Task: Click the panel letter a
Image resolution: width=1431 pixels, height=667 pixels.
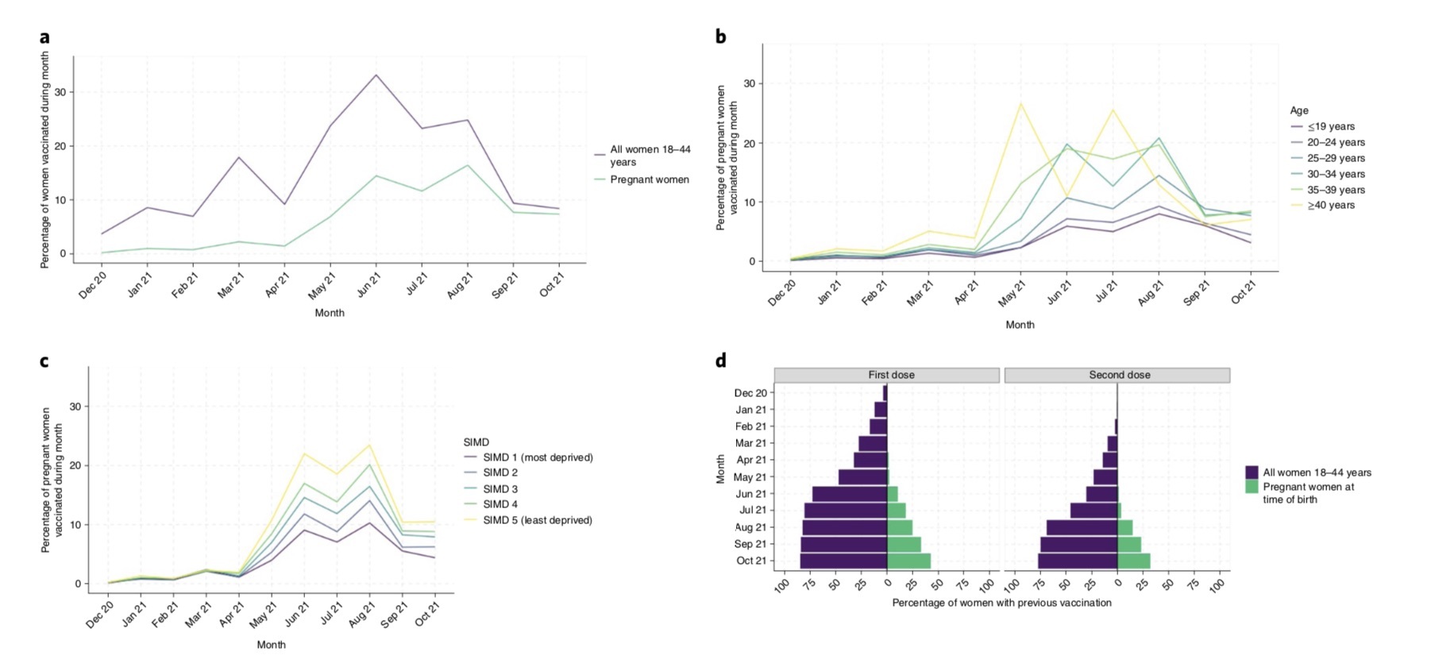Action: click(44, 37)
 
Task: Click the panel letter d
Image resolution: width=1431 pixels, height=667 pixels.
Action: click(720, 361)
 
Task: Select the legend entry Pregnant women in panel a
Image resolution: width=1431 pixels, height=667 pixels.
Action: click(649, 180)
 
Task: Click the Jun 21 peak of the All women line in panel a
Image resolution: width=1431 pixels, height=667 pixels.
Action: click(376, 75)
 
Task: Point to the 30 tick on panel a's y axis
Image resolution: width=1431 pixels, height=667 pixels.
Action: click(60, 92)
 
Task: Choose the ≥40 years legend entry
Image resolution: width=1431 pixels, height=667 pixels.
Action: click(1331, 206)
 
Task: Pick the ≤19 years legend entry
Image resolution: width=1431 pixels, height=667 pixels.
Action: click(1331, 127)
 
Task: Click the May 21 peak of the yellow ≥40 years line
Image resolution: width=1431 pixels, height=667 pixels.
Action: click(1021, 103)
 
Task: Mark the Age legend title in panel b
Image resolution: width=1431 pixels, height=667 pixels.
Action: click(1299, 111)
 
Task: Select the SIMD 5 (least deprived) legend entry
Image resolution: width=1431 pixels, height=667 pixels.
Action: click(537, 521)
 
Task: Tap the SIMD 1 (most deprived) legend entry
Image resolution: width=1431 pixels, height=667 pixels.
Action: click(538, 457)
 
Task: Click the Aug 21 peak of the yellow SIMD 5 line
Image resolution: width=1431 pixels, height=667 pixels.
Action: click(369, 445)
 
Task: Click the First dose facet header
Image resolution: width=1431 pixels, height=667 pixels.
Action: click(891, 375)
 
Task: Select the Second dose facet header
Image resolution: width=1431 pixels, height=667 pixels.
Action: click(1119, 375)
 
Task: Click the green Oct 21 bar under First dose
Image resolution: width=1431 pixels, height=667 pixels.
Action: click(908, 561)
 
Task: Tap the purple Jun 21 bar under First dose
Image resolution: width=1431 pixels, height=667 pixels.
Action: click(850, 494)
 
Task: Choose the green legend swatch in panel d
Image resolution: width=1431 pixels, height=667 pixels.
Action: click(1252, 487)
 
